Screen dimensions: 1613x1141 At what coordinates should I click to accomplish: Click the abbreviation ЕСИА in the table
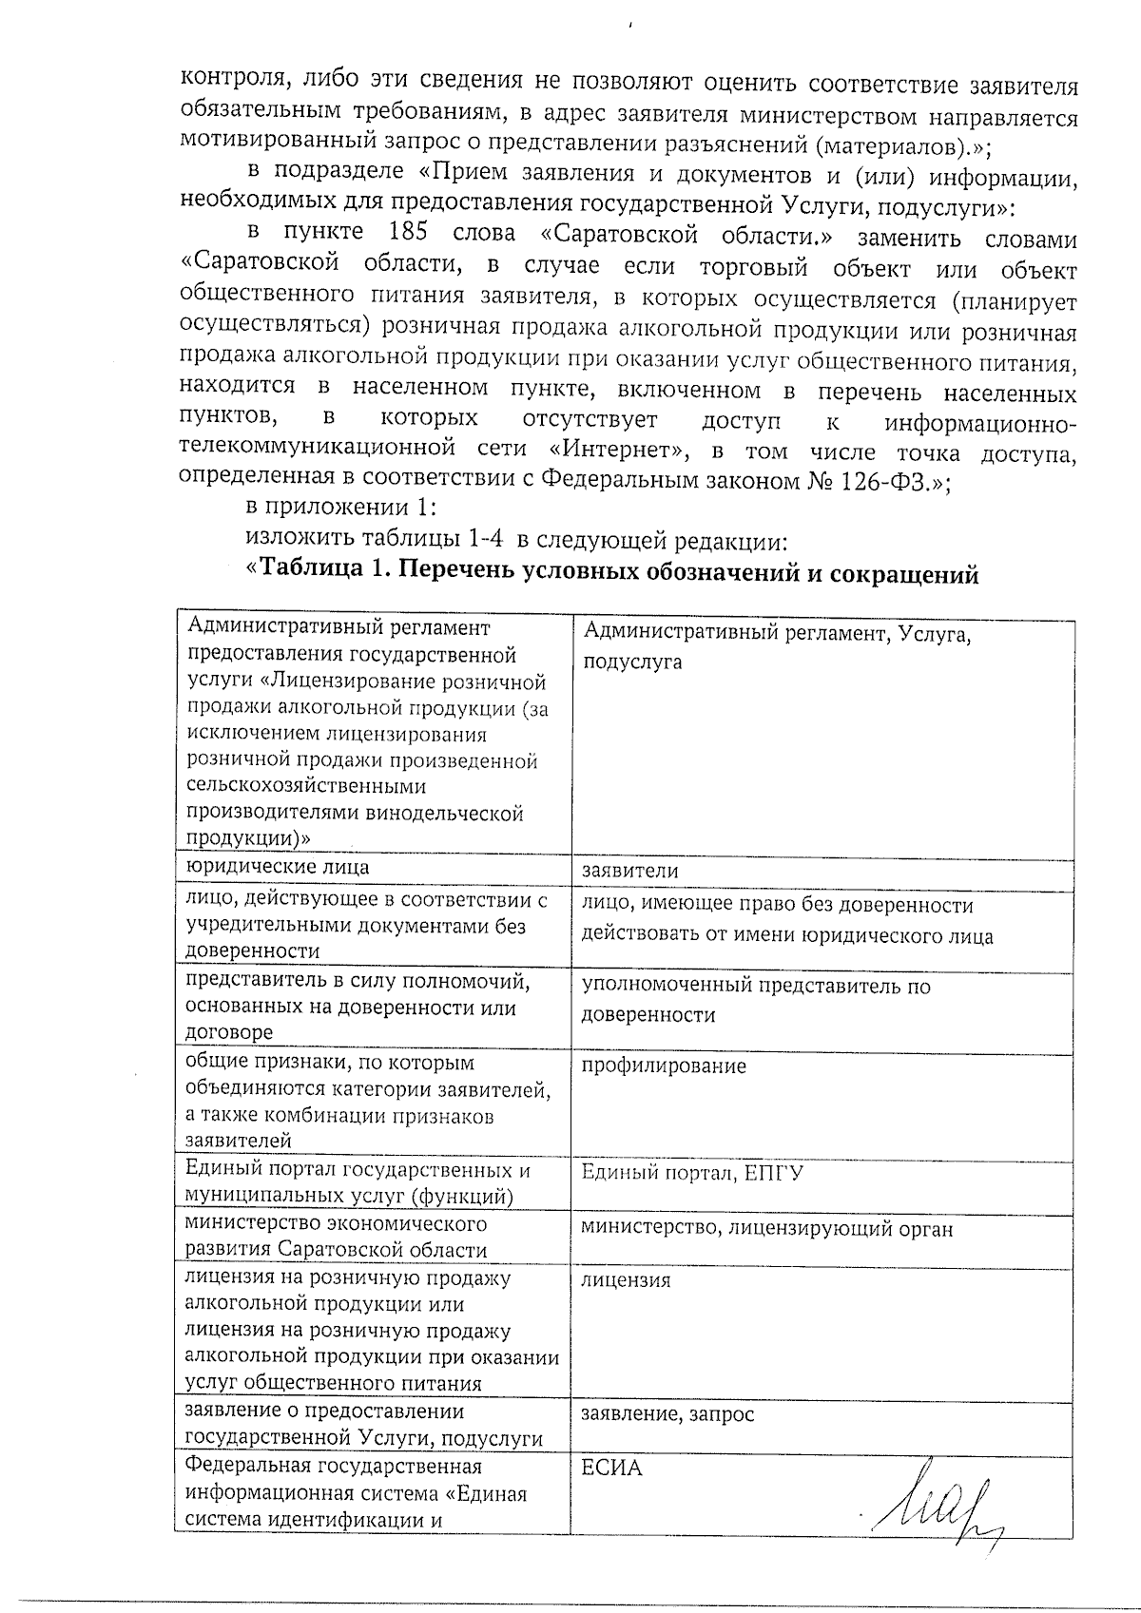611,1469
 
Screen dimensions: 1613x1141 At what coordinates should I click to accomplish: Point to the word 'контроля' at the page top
226,84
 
